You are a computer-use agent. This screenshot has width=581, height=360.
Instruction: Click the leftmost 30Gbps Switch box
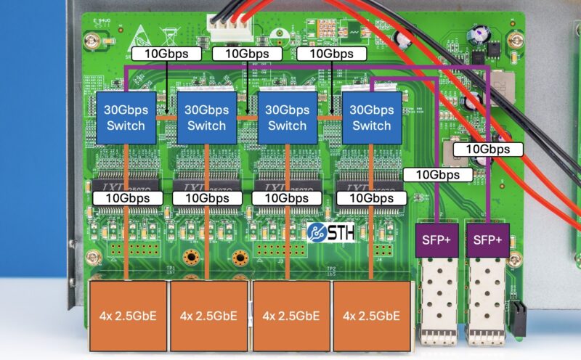point(126,117)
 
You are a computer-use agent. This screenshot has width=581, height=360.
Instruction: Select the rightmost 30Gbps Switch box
point(371,117)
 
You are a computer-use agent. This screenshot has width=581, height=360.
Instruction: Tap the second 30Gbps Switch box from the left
point(207,117)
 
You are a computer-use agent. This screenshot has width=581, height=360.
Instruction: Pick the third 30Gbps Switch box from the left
point(287,117)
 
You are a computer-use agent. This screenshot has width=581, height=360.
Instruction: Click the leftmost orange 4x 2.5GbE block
point(127,316)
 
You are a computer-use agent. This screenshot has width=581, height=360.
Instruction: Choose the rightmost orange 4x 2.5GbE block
point(370,316)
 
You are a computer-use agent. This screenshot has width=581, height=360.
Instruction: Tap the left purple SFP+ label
point(434,239)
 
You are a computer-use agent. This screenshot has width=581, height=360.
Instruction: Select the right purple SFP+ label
point(487,239)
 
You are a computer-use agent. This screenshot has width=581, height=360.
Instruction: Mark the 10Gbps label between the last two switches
point(331,54)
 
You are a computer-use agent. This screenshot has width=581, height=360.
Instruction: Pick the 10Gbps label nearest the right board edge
point(488,150)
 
